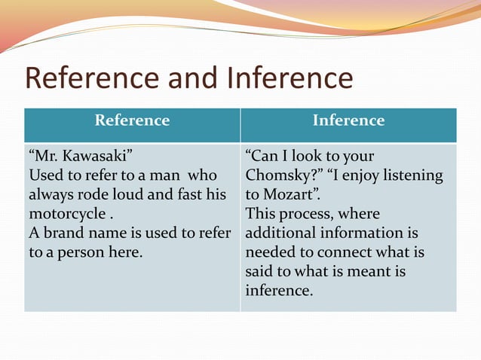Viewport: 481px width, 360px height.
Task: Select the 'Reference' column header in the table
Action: (x=132, y=120)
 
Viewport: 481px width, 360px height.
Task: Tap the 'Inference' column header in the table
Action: (x=348, y=120)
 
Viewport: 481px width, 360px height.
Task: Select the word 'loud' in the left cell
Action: (x=121, y=195)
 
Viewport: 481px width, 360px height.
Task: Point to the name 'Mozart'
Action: (x=289, y=194)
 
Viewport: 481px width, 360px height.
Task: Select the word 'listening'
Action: (x=412, y=175)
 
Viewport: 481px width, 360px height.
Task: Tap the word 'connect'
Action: (x=349, y=252)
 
